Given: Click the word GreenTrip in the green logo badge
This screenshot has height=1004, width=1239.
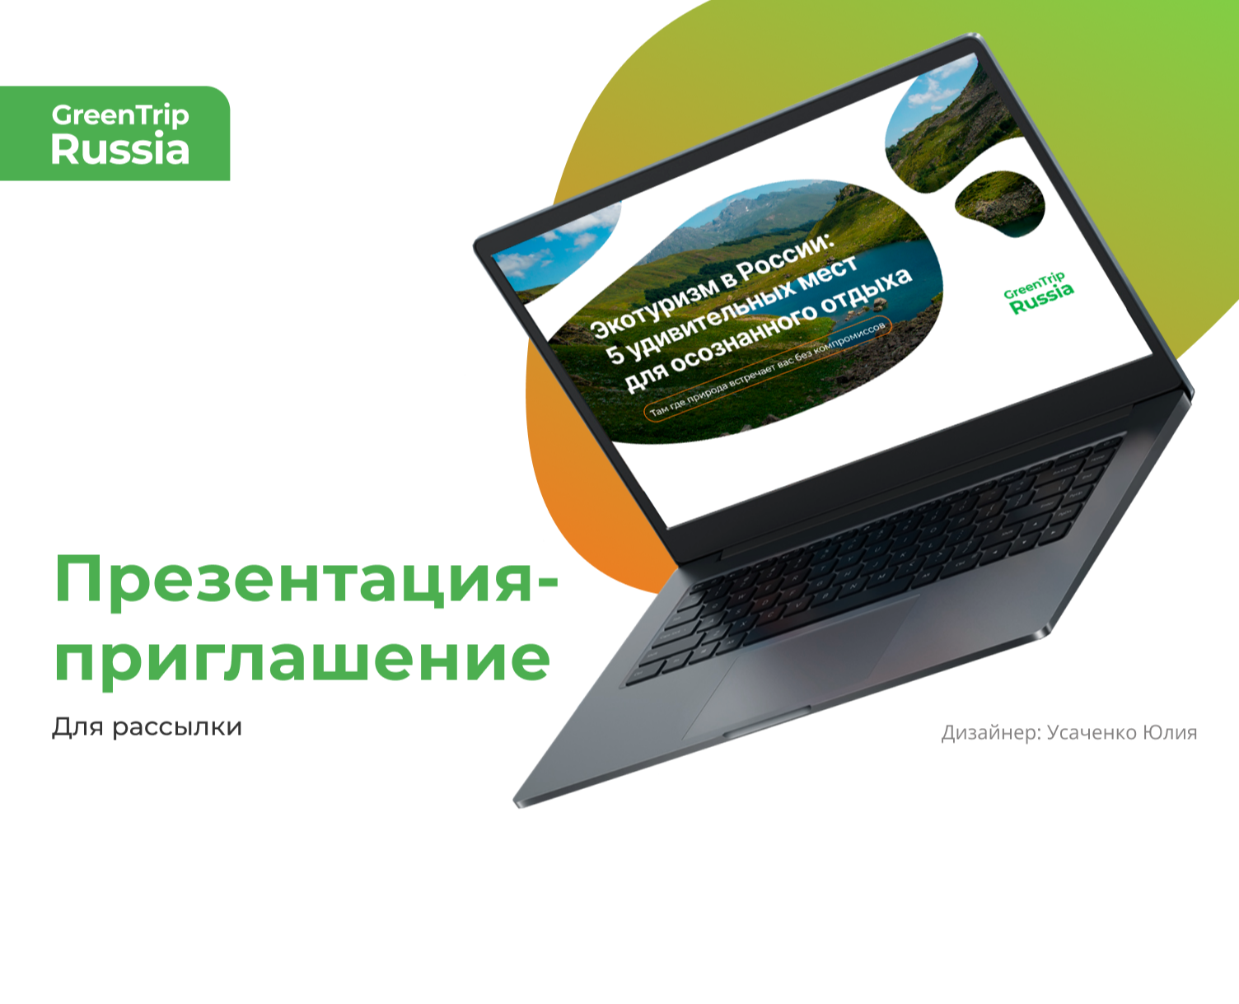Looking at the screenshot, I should pos(120,115).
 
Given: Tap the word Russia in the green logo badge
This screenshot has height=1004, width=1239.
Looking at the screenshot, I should pos(120,150).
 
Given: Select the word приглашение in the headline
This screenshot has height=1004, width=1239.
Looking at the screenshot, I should pos(302,659).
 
